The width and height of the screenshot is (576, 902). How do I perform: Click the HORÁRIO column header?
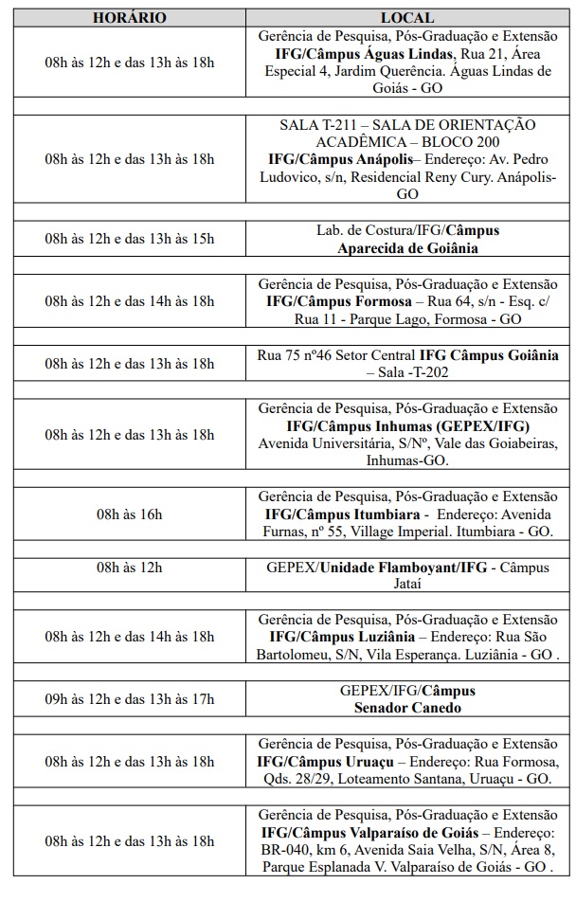point(130,18)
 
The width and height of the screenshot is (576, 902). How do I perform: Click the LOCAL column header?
point(407,18)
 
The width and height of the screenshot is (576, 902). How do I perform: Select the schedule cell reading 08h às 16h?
point(130,514)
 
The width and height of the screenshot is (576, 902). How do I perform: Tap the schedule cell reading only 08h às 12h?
point(130,568)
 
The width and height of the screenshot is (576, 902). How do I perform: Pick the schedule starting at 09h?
point(130,699)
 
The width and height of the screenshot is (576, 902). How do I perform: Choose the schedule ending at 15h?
point(130,239)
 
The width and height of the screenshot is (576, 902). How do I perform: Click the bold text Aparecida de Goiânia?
point(407,248)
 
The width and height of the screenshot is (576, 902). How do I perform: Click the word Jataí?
point(407,584)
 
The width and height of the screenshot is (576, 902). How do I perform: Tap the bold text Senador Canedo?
point(407,708)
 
